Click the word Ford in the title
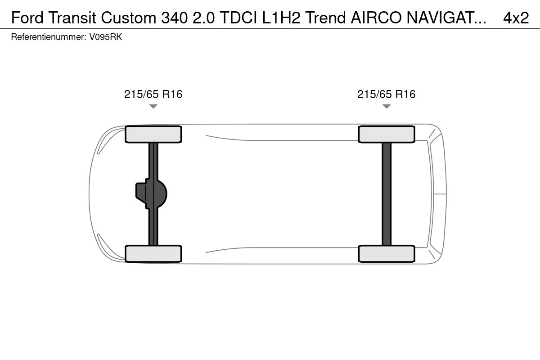(x=27, y=18)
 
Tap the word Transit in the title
(x=72, y=18)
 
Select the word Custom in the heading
(x=129, y=18)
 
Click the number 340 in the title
(x=174, y=18)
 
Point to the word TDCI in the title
(x=238, y=18)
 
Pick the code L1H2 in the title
(x=281, y=18)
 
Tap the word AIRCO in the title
(x=376, y=18)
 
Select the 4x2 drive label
(x=516, y=18)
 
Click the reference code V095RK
(x=106, y=37)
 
